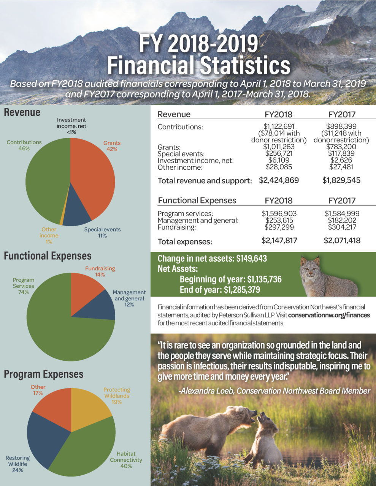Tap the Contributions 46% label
click(x=24, y=145)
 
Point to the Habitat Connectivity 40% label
click(x=126, y=459)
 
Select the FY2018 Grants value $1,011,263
click(x=279, y=147)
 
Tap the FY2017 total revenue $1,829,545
click(x=341, y=180)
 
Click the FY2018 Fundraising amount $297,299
click(x=279, y=227)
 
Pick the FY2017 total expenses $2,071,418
click(x=342, y=240)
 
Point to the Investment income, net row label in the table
click(x=195, y=161)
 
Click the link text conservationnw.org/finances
click(x=329, y=315)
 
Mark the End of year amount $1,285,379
click(x=242, y=290)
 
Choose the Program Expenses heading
click(x=43, y=374)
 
